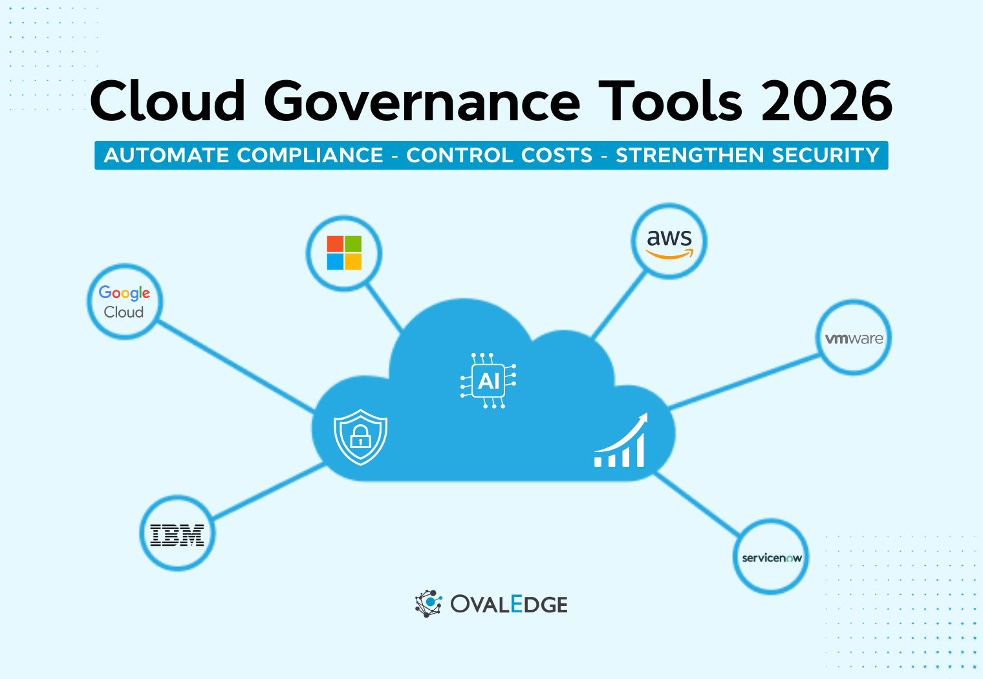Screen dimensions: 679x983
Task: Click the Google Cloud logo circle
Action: tap(124, 301)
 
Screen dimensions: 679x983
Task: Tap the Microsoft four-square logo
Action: tap(344, 253)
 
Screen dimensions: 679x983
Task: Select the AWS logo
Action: tap(669, 241)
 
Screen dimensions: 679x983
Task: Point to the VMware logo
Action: tap(854, 338)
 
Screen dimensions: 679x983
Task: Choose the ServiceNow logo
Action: tap(772, 557)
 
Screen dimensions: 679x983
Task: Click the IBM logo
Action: tap(177, 534)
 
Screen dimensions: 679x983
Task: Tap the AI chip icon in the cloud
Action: tap(488, 381)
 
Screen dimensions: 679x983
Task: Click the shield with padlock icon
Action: tap(360, 436)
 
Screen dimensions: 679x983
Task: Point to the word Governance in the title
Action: tap(422, 102)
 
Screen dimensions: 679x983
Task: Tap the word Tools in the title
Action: tap(670, 102)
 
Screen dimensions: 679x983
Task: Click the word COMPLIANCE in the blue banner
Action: tap(310, 155)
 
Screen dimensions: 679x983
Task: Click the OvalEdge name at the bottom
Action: tap(509, 604)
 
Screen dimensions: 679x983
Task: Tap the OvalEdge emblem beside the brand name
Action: tap(428, 603)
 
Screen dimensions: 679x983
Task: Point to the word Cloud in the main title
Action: tap(167, 102)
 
